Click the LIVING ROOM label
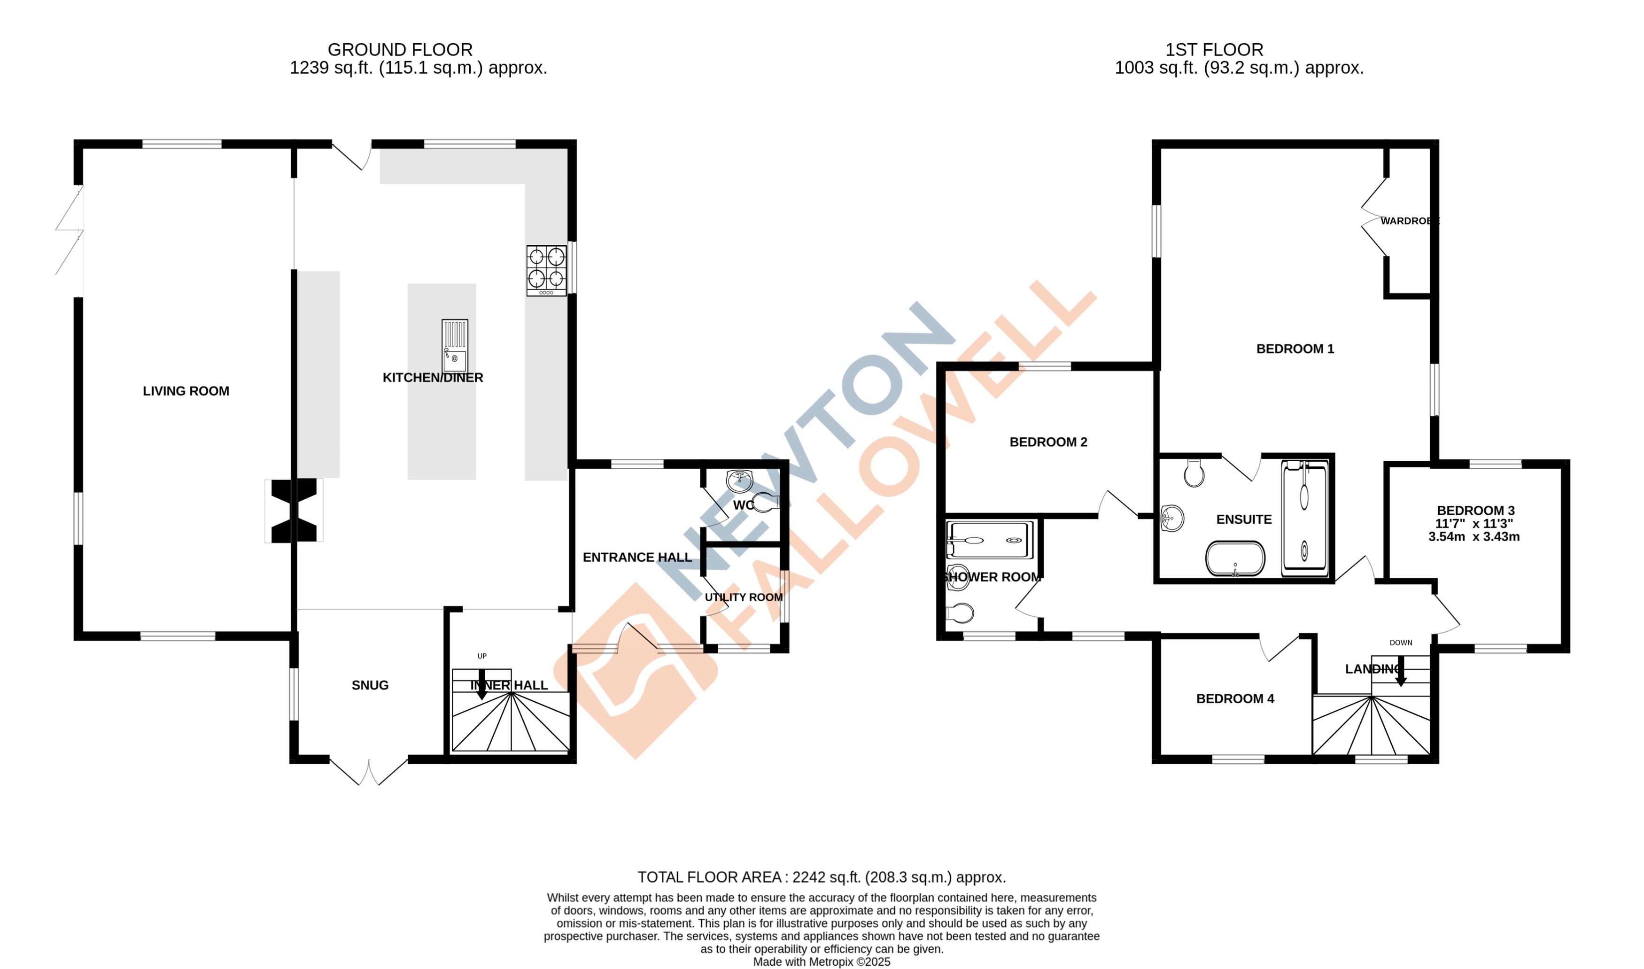pyautogui.click(x=186, y=391)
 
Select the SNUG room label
pyautogui.click(x=370, y=685)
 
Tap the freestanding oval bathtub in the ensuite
pyautogui.click(x=1234, y=559)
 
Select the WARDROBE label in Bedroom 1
pyautogui.click(x=1409, y=221)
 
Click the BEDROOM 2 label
pyautogui.click(x=1048, y=442)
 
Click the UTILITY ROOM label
pyautogui.click(x=744, y=597)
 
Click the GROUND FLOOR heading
pyautogui.click(x=400, y=50)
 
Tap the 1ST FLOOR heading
pyautogui.click(x=1214, y=50)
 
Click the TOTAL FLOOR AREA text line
pyautogui.click(x=822, y=877)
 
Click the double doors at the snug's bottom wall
pyautogui.click(x=369, y=771)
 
